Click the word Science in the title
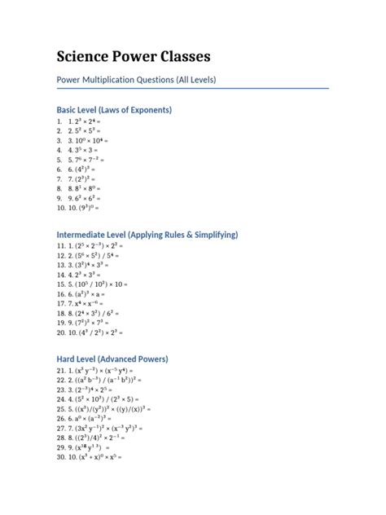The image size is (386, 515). tap(85, 56)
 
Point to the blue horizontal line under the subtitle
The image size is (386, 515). tap(192, 88)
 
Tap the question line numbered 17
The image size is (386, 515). tap(89, 301)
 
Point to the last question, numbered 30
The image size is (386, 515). tap(94, 457)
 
